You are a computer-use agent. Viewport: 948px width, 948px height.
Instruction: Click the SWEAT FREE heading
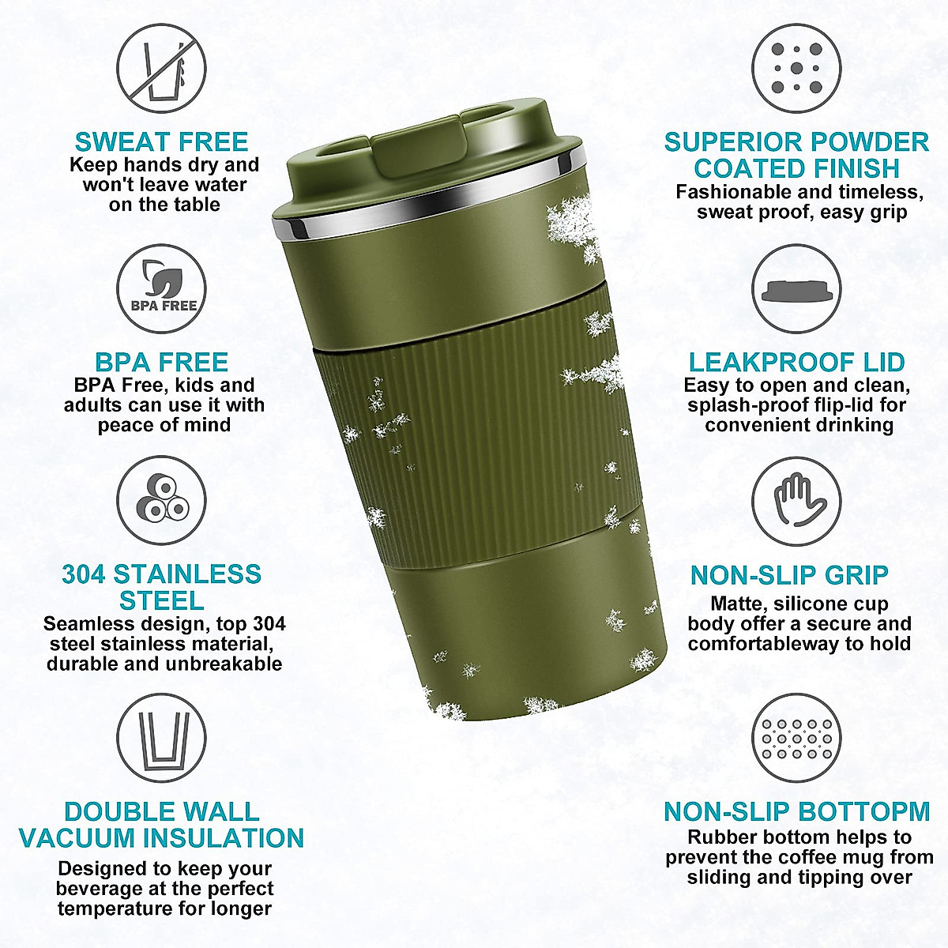161,142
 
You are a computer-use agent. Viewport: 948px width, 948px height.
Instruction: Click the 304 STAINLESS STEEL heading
161,586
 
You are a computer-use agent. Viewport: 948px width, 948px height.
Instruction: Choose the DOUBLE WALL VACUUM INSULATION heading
161,825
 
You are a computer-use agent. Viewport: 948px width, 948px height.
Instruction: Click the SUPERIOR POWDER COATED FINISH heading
796,155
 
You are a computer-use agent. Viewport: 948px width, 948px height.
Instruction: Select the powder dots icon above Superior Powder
796,68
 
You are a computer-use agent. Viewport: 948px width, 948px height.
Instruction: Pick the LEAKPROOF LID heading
796,363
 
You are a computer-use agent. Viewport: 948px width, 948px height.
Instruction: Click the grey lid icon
796,289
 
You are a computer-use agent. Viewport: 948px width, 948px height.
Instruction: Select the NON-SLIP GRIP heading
789,575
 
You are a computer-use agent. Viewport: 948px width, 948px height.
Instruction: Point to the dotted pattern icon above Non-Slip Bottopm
796,739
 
